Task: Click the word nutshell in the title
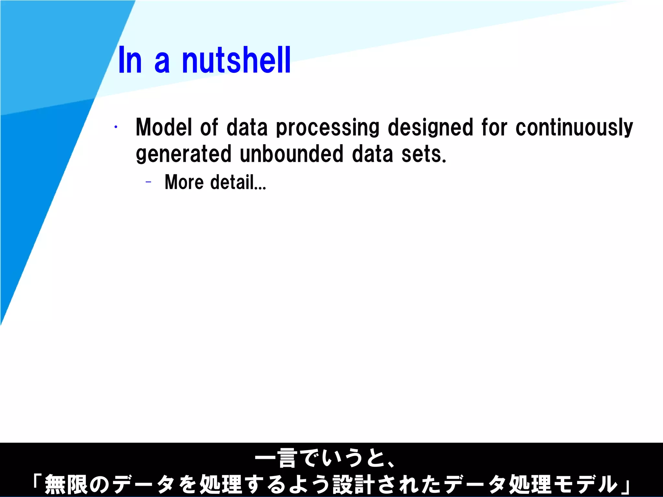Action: coord(236,61)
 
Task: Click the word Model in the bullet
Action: coord(164,127)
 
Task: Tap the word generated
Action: coord(184,154)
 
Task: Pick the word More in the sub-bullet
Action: coord(184,182)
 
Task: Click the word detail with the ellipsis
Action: coord(238,182)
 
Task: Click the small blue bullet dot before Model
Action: coord(116,127)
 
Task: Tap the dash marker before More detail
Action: coord(149,182)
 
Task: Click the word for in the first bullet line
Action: coord(494,127)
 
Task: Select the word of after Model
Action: coord(209,127)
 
